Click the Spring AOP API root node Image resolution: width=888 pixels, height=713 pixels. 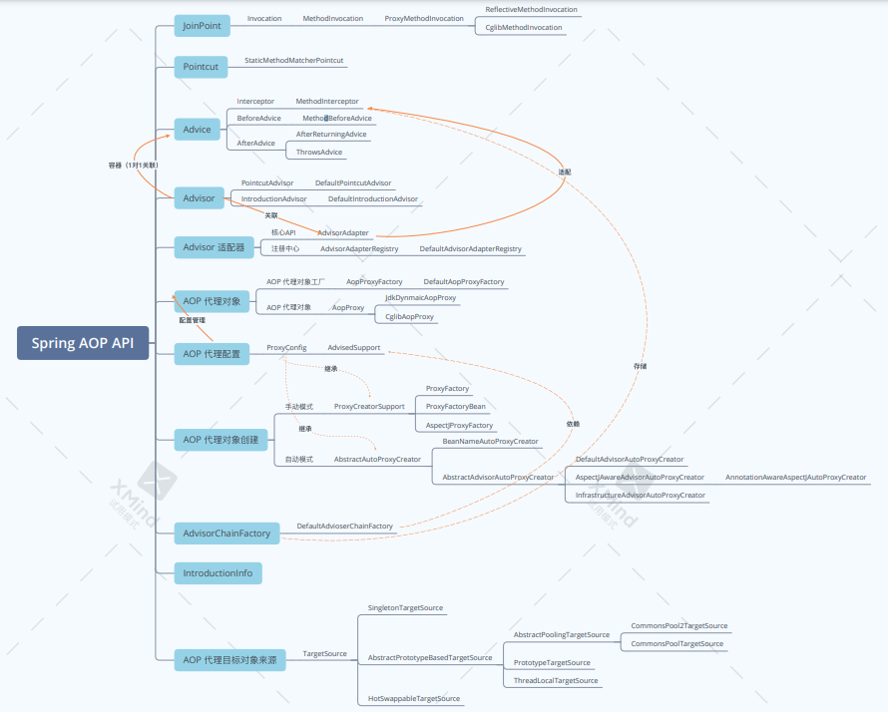82,343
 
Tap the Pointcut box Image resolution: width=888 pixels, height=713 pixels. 201,67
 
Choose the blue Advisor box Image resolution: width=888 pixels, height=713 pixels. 199,198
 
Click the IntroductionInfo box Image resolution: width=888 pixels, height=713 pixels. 218,573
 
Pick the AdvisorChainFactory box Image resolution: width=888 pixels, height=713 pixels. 226,534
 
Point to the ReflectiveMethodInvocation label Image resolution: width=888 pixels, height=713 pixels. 531,10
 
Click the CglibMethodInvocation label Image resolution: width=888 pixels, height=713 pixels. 523,28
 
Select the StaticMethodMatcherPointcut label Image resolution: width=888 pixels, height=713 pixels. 294,61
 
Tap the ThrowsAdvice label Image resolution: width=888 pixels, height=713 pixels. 319,153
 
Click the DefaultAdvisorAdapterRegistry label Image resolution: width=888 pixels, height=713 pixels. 470,248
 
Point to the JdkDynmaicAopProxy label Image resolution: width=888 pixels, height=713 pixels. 420,298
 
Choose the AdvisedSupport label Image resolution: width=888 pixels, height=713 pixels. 353,348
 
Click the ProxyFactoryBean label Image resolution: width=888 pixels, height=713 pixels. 455,407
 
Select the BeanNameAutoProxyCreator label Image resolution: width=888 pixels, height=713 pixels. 490,441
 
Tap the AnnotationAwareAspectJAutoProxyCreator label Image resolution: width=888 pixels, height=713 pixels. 795,478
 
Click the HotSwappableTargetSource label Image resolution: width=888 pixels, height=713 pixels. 414,699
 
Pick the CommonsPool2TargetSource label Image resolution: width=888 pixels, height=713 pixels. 678,626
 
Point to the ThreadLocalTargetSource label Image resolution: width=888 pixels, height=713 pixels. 556,681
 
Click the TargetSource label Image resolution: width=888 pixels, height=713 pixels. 324,654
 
